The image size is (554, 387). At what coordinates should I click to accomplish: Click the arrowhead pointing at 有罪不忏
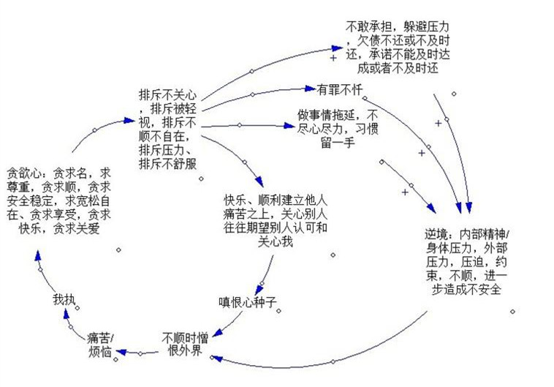309,89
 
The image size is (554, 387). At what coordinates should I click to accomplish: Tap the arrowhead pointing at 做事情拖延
291,127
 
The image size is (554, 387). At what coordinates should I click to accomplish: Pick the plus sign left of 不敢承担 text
334,57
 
